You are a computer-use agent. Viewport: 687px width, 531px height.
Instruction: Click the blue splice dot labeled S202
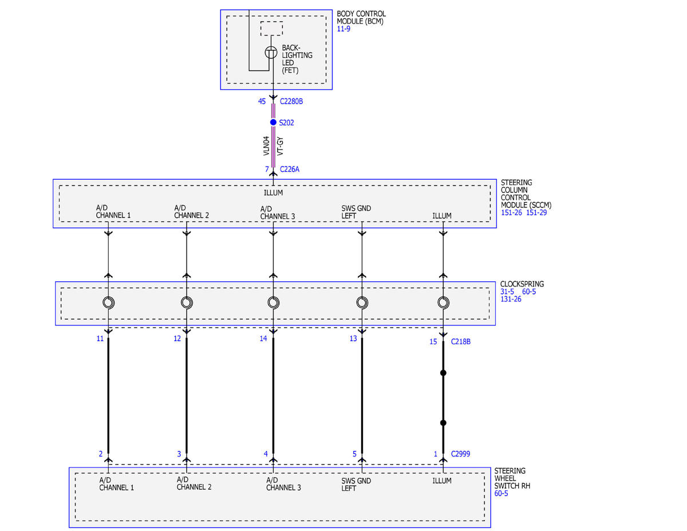273,122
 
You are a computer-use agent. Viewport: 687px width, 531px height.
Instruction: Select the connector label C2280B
291,101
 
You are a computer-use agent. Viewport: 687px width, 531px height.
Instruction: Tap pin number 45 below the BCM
262,101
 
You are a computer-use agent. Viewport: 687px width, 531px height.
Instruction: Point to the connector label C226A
289,169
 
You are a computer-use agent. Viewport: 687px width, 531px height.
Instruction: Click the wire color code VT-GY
280,146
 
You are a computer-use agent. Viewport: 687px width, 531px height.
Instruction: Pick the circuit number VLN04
266,146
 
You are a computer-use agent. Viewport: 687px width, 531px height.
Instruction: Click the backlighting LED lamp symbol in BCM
271,53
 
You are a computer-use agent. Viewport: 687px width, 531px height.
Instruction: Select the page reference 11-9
343,29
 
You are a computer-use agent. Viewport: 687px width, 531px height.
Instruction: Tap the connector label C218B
460,341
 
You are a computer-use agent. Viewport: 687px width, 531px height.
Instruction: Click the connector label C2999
460,454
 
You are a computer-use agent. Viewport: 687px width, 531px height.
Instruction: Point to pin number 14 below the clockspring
263,339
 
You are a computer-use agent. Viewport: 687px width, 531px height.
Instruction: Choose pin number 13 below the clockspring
353,339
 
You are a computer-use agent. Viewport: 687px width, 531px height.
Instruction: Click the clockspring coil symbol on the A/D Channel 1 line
108,302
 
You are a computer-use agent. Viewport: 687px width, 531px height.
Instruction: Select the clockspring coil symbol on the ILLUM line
443,302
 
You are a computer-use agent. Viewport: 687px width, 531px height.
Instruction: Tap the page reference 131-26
511,299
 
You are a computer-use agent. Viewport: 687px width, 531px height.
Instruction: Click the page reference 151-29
536,213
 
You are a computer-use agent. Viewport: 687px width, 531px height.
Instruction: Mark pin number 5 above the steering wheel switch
354,454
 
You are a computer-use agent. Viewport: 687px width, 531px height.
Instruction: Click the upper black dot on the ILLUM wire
443,373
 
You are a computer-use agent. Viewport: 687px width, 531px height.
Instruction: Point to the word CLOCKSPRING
522,284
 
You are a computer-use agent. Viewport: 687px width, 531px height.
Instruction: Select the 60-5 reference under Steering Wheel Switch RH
501,493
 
